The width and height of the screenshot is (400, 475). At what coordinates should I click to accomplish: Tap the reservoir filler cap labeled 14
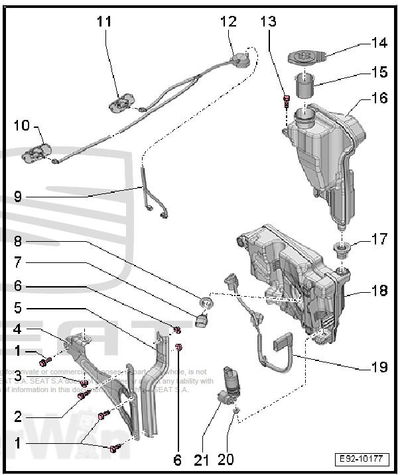click(x=307, y=56)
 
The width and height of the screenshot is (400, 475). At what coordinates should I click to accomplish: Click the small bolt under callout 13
click(x=286, y=101)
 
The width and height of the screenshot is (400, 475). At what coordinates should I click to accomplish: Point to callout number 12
click(x=228, y=21)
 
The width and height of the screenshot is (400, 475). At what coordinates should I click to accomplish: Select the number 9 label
click(x=18, y=196)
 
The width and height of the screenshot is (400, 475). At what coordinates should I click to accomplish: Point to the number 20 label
click(x=226, y=459)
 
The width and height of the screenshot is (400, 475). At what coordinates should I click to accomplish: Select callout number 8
click(x=18, y=241)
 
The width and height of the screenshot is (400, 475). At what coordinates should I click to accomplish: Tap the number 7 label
click(x=18, y=263)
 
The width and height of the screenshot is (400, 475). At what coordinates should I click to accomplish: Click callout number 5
click(x=18, y=308)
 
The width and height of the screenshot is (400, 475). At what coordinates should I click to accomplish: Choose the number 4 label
click(x=18, y=329)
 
